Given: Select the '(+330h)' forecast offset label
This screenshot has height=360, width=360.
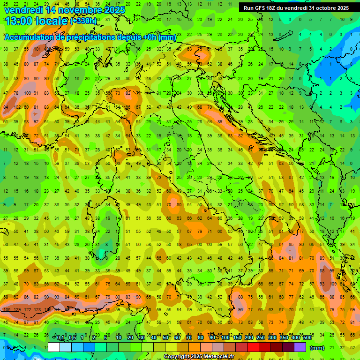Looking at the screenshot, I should (83, 21).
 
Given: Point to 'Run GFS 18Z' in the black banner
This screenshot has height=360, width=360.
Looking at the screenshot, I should (261, 8).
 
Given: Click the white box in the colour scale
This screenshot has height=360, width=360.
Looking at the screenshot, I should (54, 347).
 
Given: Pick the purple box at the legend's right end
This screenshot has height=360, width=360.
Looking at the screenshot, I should (300, 347).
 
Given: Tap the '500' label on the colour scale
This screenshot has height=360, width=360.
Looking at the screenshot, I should (307, 338).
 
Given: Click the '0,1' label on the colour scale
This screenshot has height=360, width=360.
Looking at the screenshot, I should (60, 338).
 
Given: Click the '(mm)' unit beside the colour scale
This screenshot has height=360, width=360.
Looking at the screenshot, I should (317, 348).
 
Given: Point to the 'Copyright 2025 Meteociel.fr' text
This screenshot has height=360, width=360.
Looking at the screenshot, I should (202, 357).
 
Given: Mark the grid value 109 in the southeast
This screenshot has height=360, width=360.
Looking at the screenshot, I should (333, 284).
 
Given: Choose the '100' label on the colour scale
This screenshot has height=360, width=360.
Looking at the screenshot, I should (225, 338).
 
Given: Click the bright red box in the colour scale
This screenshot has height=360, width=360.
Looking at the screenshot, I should (253, 347).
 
